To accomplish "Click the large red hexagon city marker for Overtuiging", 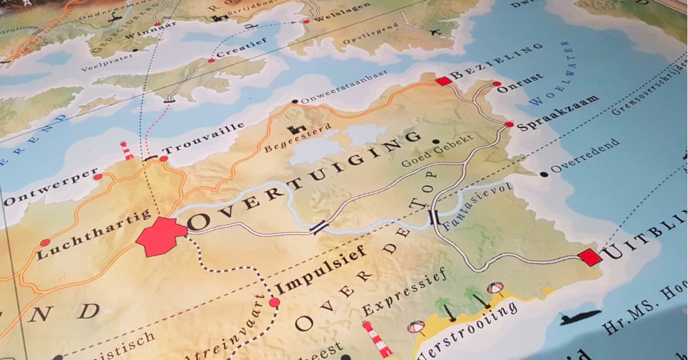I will (x=161, y=236).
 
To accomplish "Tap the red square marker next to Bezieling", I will (x=443, y=81).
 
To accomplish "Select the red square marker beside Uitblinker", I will (x=590, y=257).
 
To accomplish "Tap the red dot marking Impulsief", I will (x=275, y=302).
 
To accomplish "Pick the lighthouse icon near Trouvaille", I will (x=127, y=150).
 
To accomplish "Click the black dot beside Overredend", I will (x=544, y=174).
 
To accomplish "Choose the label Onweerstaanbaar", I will (x=344, y=88).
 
